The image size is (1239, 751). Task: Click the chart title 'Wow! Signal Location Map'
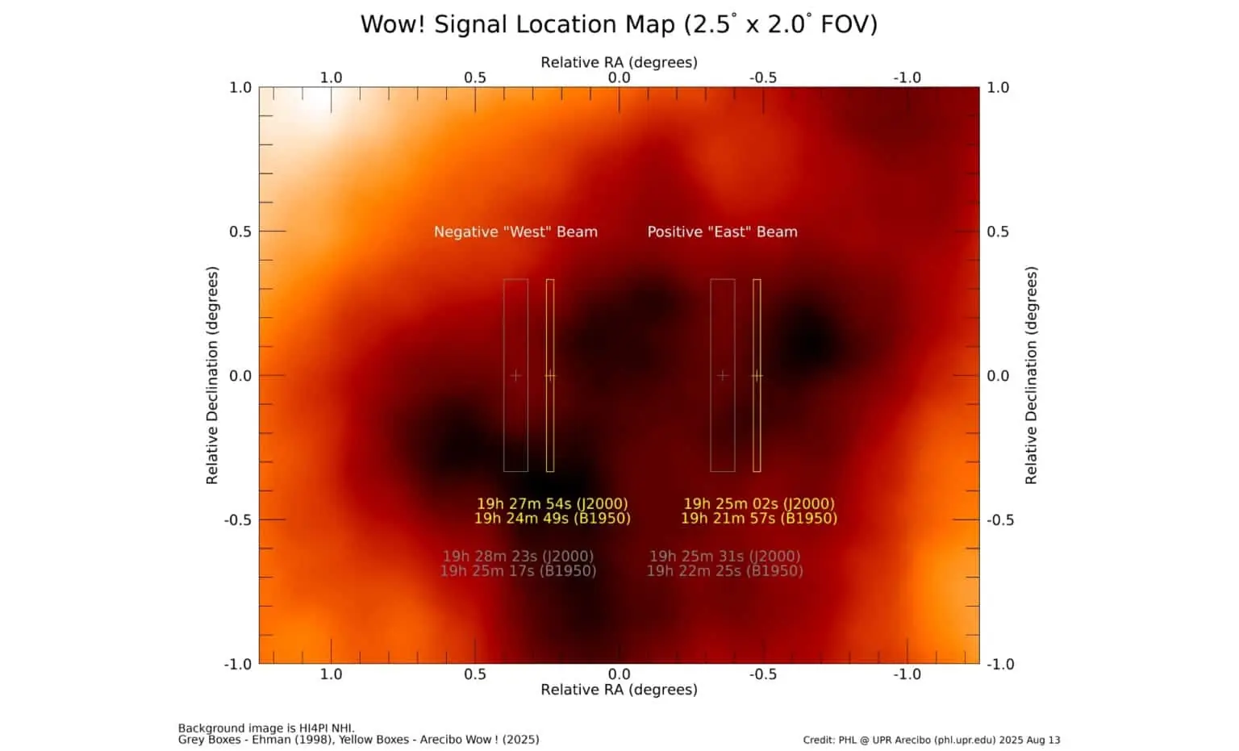tap(518, 24)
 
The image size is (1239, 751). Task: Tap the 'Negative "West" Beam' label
tap(515, 232)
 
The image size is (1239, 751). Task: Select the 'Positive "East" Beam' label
tap(723, 232)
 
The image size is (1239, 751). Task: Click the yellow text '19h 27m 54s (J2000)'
tap(553, 504)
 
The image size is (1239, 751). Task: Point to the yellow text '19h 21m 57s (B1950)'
tap(759, 518)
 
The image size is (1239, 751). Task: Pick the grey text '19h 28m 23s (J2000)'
tap(519, 556)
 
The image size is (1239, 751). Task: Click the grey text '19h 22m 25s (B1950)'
tap(724, 571)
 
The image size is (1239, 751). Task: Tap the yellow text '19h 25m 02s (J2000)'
tap(759, 504)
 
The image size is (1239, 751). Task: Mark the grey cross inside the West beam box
tap(515, 376)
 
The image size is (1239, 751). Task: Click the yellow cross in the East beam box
tap(757, 376)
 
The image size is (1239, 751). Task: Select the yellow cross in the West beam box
tap(550, 376)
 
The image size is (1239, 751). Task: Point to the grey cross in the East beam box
tap(723, 376)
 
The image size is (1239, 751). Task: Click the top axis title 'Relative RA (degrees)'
tap(619, 62)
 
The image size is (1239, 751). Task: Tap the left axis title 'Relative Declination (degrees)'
tap(212, 376)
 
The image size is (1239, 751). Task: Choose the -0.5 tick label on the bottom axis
tap(763, 674)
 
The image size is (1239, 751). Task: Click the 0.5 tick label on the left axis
tap(240, 232)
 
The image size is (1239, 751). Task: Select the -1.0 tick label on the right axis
tap(1000, 664)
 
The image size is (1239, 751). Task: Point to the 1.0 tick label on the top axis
tap(332, 78)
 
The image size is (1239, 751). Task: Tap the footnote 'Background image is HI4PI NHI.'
tap(267, 728)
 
